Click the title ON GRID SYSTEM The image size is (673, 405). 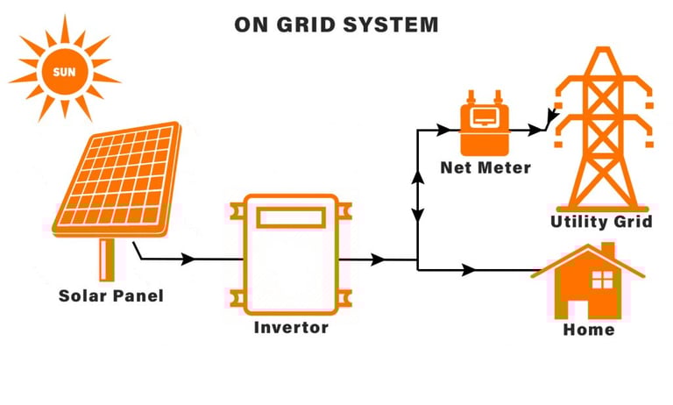(336, 24)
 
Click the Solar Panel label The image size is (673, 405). (111, 296)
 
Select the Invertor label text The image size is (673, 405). (291, 328)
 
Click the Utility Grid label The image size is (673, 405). (601, 221)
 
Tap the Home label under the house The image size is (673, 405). (588, 330)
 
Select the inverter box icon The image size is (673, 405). (290, 254)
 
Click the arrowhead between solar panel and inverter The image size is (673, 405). (188, 259)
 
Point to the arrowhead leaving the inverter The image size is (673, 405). (378, 259)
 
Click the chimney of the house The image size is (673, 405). (607, 251)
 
